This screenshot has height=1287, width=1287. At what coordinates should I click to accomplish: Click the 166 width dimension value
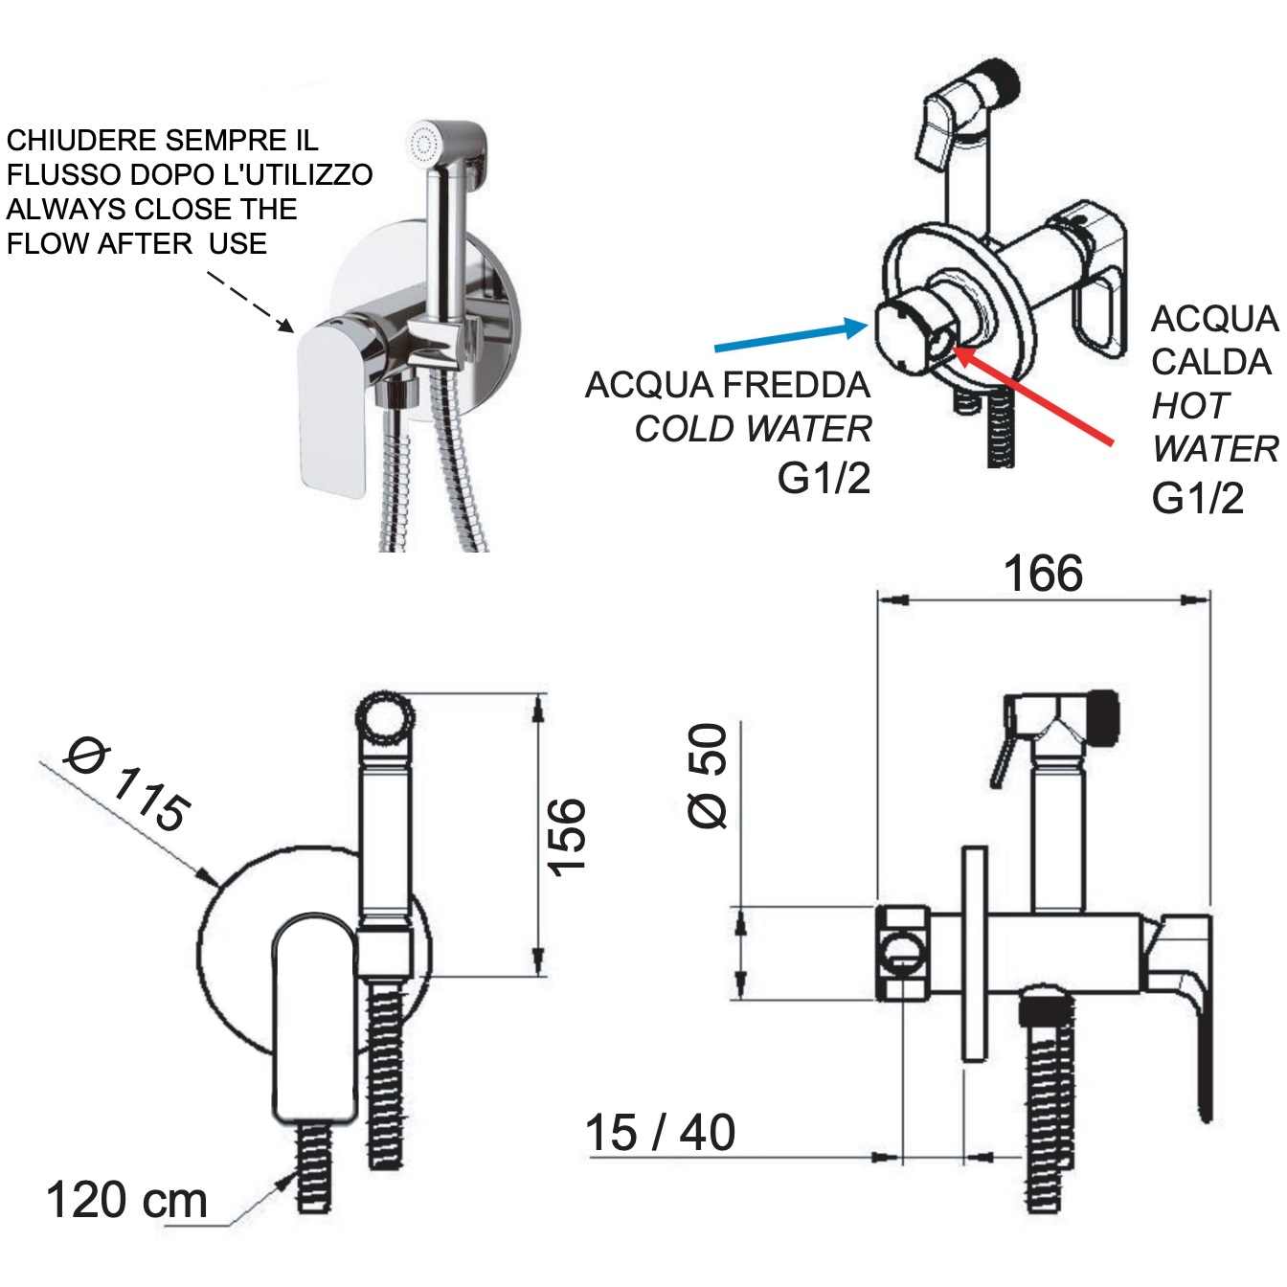1043,575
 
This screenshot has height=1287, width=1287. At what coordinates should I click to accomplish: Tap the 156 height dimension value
566,835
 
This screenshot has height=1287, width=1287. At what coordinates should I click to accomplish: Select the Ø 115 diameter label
128,784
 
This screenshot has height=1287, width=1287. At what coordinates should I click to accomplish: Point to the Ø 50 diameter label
709,776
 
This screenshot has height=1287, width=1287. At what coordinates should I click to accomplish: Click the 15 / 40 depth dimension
660,1133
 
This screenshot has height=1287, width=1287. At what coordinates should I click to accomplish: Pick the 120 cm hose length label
126,1201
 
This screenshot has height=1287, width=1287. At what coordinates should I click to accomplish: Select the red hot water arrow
1034,396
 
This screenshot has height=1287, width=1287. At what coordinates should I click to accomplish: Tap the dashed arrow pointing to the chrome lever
251,302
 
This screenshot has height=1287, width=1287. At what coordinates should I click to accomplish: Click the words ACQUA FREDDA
727,385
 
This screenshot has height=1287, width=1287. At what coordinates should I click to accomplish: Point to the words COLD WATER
753,429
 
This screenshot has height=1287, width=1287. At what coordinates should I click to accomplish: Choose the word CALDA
1210,362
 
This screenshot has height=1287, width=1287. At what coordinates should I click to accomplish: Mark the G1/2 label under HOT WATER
1197,499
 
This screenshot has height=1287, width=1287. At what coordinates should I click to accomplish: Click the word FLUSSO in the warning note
64,175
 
